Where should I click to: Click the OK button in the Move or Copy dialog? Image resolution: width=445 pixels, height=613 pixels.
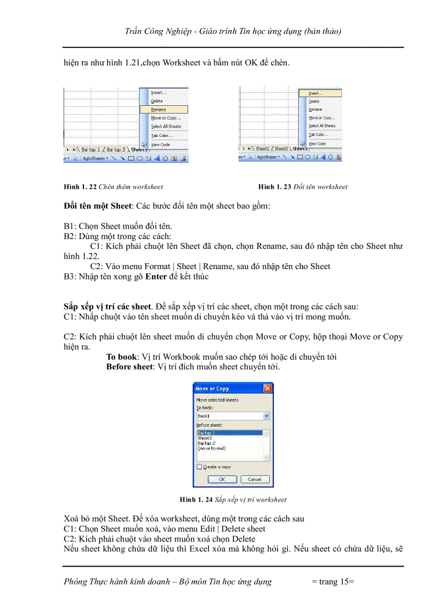[x=221, y=479]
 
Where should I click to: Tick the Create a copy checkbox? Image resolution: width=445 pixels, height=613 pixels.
[x=199, y=467]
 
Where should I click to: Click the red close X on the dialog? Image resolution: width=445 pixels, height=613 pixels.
[x=267, y=388]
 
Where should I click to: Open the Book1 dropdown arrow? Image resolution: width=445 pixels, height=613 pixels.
[x=266, y=416]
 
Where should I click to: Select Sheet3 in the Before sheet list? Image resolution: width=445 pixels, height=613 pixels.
[x=205, y=438]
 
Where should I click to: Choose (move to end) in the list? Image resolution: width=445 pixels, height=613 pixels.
[x=211, y=448]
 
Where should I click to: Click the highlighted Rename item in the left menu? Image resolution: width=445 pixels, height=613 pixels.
[x=159, y=109]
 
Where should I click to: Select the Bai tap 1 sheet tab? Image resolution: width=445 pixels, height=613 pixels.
[x=91, y=149]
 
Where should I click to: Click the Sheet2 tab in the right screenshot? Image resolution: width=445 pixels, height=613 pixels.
[x=281, y=148]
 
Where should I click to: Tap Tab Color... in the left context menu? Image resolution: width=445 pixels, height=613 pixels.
[x=162, y=135]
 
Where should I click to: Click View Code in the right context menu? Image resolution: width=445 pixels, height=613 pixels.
[x=317, y=143]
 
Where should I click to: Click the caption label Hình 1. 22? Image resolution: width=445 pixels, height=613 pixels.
[x=80, y=187]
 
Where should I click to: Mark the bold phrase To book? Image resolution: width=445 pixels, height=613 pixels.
[x=122, y=356]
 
